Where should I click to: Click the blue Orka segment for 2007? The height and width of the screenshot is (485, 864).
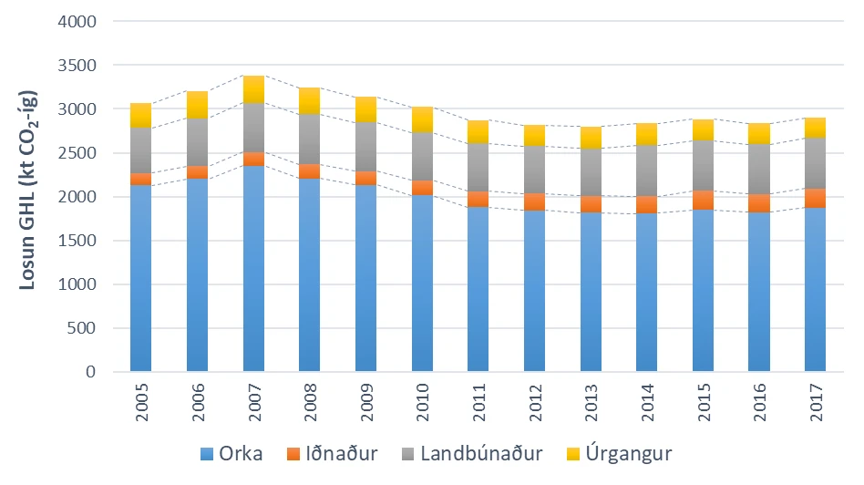(254, 268)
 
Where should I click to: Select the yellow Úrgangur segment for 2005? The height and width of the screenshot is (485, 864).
(141, 115)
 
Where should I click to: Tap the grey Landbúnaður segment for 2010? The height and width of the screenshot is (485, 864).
(423, 157)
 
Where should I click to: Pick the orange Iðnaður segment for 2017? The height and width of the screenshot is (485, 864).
(815, 199)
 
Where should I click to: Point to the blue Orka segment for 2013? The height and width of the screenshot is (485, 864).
(591, 292)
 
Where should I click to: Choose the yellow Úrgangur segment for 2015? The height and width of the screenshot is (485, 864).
(703, 130)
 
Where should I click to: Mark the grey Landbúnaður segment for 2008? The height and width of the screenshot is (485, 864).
(310, 139)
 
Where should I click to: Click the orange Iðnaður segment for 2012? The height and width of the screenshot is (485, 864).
(534, 202)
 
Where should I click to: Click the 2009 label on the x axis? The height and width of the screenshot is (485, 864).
(365, 403)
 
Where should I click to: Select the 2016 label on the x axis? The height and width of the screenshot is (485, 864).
(759, 403)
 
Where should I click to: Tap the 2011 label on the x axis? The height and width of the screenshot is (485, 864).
(478, 403)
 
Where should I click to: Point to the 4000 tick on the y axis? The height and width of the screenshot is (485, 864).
(77, 22)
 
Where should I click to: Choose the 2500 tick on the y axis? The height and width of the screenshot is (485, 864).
(77, 152)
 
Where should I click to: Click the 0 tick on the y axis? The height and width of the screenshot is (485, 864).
(91, 372)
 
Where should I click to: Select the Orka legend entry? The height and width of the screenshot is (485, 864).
(231, 454)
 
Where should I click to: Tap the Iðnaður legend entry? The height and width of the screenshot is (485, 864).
(333, 454)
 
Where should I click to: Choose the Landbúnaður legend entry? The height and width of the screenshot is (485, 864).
(472, 454)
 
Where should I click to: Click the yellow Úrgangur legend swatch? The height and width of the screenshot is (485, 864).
(573, 454)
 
